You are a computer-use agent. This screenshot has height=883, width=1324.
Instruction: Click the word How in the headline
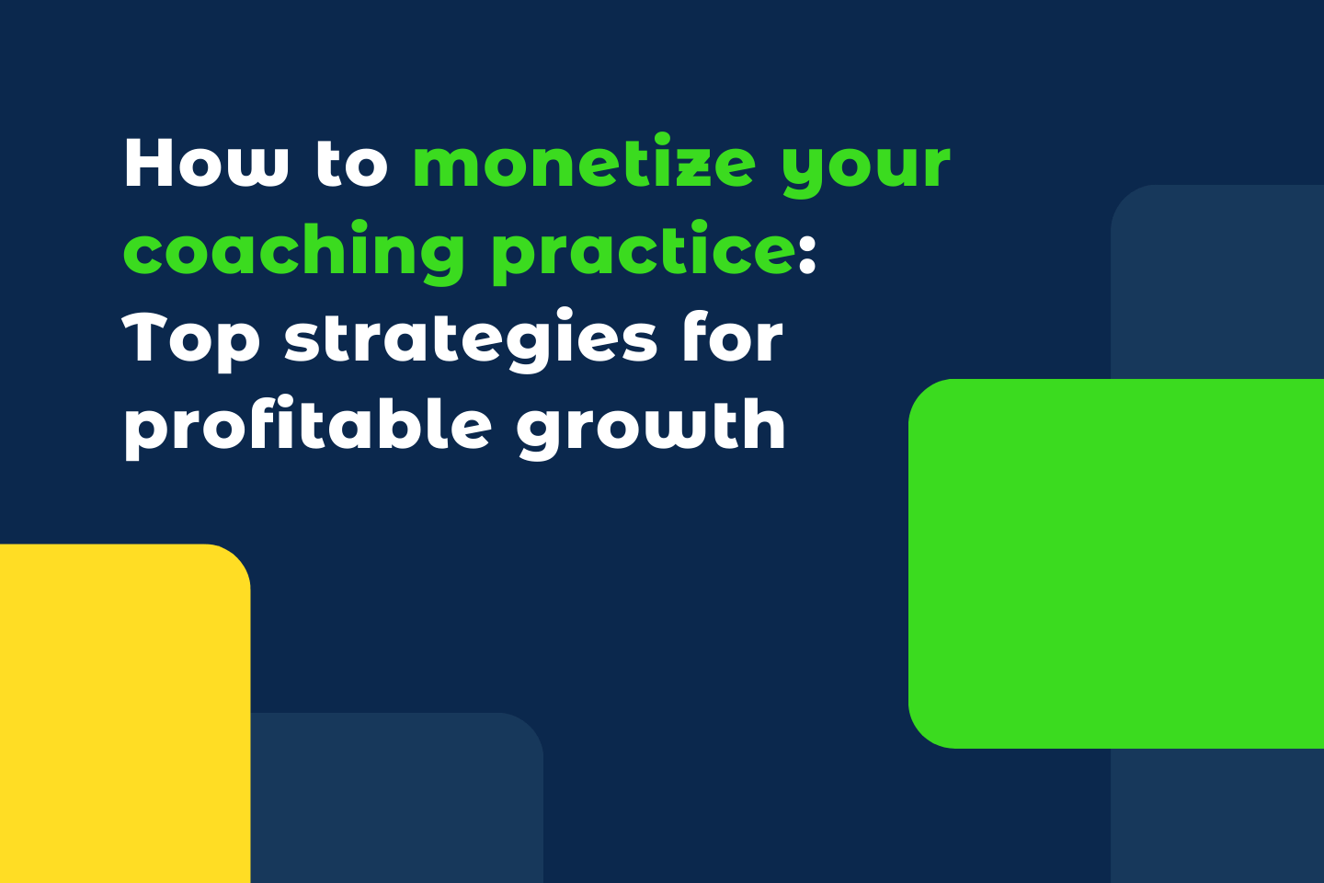(206, 164)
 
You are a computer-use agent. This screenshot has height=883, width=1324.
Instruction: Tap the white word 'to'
(351, 164)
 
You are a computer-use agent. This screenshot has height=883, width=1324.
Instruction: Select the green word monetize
(585, 164)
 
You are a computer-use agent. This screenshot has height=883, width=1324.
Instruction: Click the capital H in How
(148, 164)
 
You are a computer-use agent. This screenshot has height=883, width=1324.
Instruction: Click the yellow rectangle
(120, 717)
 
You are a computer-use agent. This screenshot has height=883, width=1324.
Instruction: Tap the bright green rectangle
(1117, 563)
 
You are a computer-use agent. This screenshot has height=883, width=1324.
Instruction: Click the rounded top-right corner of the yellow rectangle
(237, 557)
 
